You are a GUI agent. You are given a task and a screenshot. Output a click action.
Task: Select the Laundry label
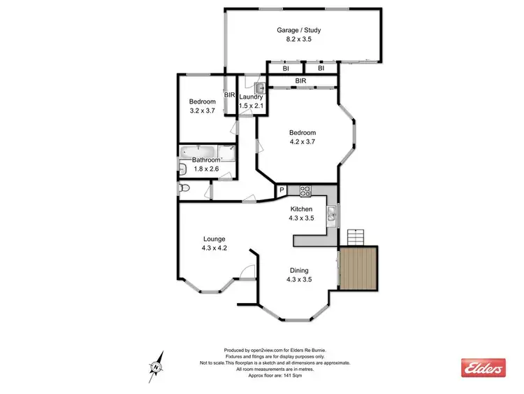click(250, 97)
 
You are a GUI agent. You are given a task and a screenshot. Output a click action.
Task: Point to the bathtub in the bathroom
click(198, 151)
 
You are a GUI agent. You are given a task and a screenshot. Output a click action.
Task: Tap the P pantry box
click(282, 190)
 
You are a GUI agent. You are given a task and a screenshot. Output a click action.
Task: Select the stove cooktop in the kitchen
click(305, 190)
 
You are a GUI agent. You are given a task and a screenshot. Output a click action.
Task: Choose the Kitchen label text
click(306, 209)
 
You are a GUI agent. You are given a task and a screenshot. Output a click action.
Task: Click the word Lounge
click(214, 239)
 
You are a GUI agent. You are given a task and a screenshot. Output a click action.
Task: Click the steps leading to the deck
click(356, 237)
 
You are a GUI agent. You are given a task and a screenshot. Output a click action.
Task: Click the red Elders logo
click(483, 367)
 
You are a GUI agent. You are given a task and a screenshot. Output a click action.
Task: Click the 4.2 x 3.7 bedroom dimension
click(303, 141)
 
